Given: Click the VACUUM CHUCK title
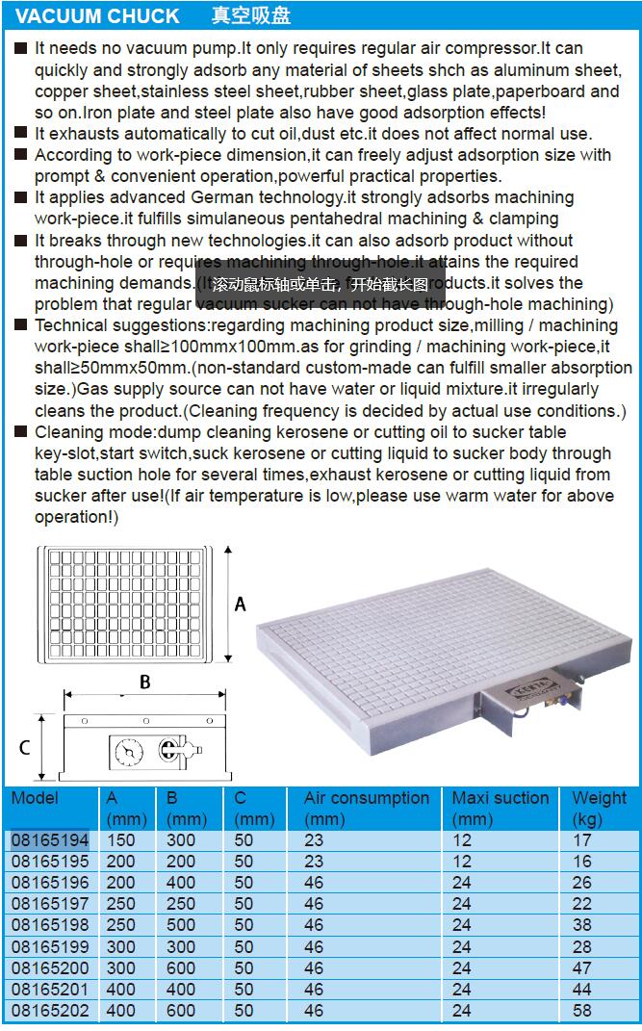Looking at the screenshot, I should (x=98, y=16).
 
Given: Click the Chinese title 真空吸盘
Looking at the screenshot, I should (x=251, y=16).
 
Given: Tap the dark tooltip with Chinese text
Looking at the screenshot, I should (x=321, y=284).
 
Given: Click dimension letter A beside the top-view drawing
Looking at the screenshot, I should (x=241, y=604).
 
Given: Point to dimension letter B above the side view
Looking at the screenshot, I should (x=144, y=682).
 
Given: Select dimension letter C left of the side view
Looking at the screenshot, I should (x=25, y=747).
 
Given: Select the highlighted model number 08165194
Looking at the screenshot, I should (x=50, y=840).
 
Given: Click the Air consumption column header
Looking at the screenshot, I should (x=366, y=798).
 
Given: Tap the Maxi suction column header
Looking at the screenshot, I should (x=500, y=798).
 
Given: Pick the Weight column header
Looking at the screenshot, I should (x=599, y=798).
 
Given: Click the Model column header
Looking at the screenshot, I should (x=36, y=798).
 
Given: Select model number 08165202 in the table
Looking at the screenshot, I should (x=50, y=1010).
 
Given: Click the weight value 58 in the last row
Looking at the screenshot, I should (x=581, y=1010).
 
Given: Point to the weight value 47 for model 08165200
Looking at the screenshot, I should (x=581, y=967).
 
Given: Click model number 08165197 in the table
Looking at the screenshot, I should (x=50, y=904).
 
